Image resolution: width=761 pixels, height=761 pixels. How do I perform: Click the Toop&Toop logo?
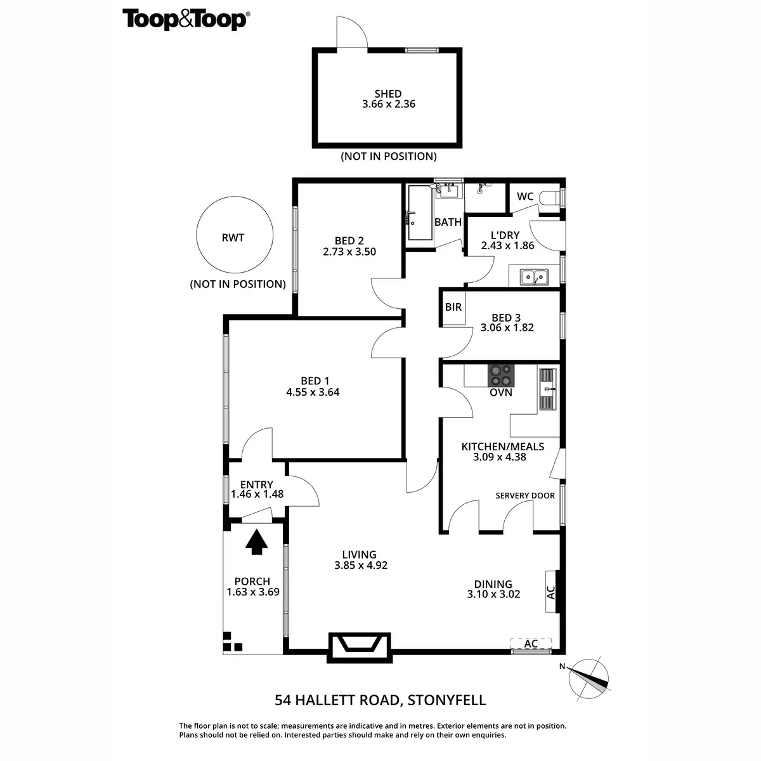(x=185, y=19)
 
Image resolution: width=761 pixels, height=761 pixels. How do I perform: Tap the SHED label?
(x=387, y=94)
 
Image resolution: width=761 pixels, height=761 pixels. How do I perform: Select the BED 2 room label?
(x=349, y=240)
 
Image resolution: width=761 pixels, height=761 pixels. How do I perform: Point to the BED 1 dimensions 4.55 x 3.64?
(x=313, y=392)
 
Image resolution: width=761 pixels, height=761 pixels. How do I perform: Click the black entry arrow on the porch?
(x=256, y=542)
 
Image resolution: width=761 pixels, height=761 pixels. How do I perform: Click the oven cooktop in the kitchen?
(x=501, y=375)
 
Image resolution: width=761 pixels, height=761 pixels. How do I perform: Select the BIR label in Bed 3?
(x=453, y=307)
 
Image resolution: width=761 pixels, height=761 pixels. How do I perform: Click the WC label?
(x=525, y=197)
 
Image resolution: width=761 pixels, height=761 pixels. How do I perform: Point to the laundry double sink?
(x=534, y=276)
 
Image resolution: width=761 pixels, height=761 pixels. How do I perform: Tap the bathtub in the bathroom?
(x=419, y=213)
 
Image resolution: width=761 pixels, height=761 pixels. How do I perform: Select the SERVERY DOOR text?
(x=525, y=495)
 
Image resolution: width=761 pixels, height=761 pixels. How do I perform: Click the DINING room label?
(x=493, y=584)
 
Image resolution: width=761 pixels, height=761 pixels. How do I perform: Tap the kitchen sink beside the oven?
(x=547, y=389)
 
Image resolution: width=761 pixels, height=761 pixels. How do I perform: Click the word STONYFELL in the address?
(x=446, y=700)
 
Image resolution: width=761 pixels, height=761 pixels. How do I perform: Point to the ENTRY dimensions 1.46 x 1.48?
(x=257, y=495)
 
